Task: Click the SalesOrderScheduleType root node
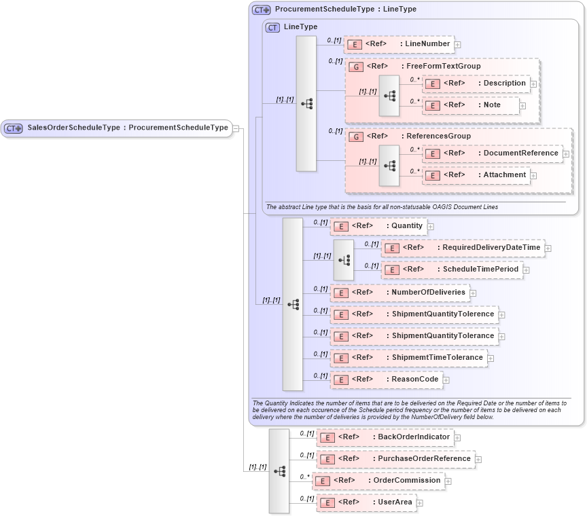tap(117, 128)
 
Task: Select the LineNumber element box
tap(399, 44)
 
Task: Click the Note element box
tap(471, 105)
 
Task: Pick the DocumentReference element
tap(493, 153)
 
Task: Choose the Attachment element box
tap(476, 175)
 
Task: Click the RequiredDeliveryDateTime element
tap(463, 248)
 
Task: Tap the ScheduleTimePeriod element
tap(452, 270)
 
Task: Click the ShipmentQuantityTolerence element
tap(414, 314)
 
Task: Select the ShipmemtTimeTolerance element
tap(408, 358)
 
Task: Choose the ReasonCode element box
tap(386, 380)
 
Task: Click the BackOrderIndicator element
tap(385, 437)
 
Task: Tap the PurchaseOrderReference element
tap(395, 459)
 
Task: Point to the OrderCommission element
tap(378, 481)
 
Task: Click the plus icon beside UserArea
tap(420, 503)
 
